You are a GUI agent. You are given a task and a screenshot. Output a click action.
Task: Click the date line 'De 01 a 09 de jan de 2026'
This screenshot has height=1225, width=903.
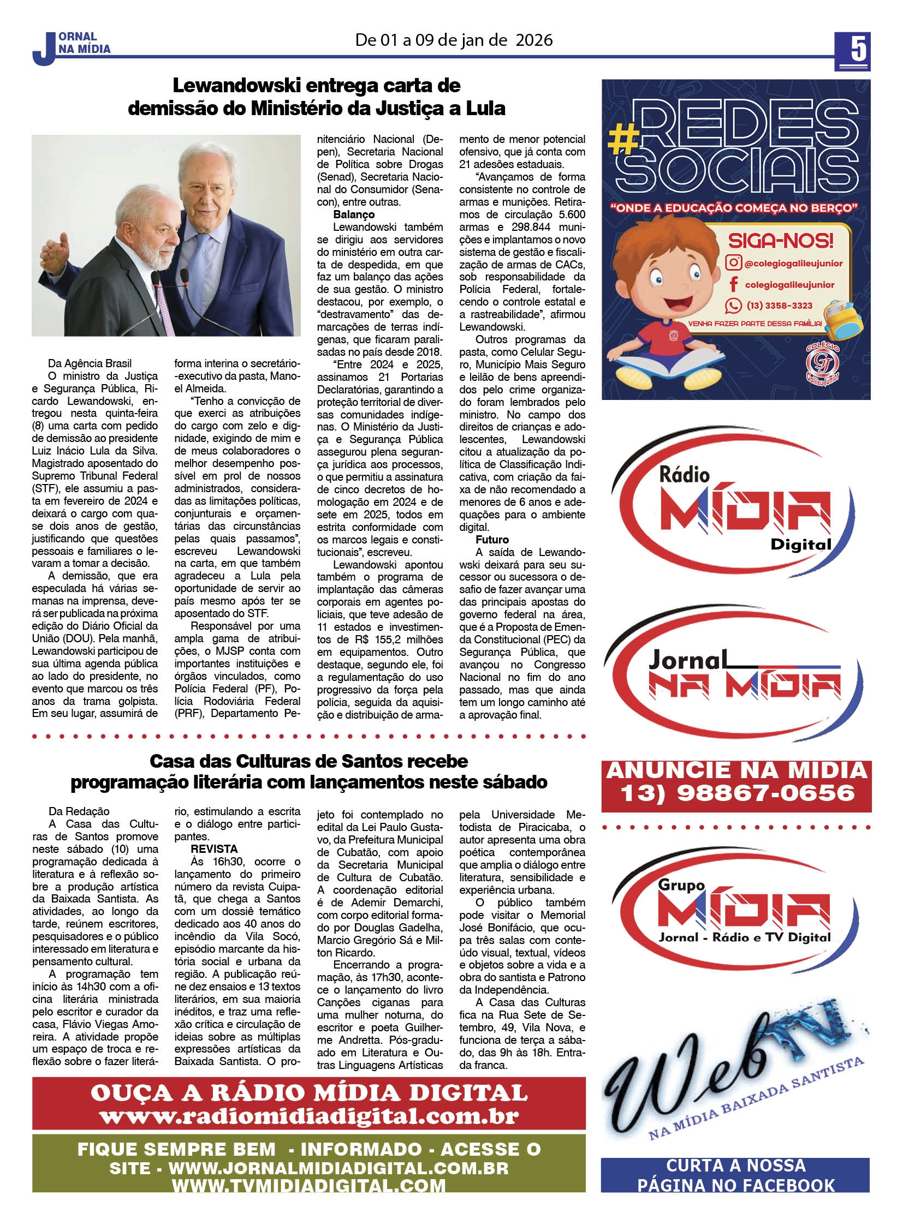tap(454, 40)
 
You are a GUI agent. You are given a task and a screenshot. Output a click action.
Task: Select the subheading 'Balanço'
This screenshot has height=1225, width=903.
tap(354, 215)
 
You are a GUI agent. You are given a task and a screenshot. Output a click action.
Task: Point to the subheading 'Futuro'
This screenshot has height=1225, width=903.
tap(492, 540)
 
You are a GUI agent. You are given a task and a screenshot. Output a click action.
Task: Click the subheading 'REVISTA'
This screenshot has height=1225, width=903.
tap(213, 849)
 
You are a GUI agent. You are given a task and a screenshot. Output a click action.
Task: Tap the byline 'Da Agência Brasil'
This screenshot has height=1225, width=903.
tap(90, 363)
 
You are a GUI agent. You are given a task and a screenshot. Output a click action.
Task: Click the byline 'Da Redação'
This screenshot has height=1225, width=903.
tap(79, 811)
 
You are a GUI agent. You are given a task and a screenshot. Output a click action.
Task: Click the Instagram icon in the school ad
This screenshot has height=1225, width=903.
tap(733, 263)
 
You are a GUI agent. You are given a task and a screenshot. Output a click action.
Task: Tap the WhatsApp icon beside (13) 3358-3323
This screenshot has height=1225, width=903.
tap(733, 306)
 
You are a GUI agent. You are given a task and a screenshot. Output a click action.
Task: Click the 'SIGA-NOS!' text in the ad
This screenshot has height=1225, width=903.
tap(780, 241)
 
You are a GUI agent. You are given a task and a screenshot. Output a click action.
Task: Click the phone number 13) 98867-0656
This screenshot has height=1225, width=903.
tap(737, 793)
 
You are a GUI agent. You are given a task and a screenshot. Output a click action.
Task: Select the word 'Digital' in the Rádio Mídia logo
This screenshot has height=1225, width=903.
tap(800, 544)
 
